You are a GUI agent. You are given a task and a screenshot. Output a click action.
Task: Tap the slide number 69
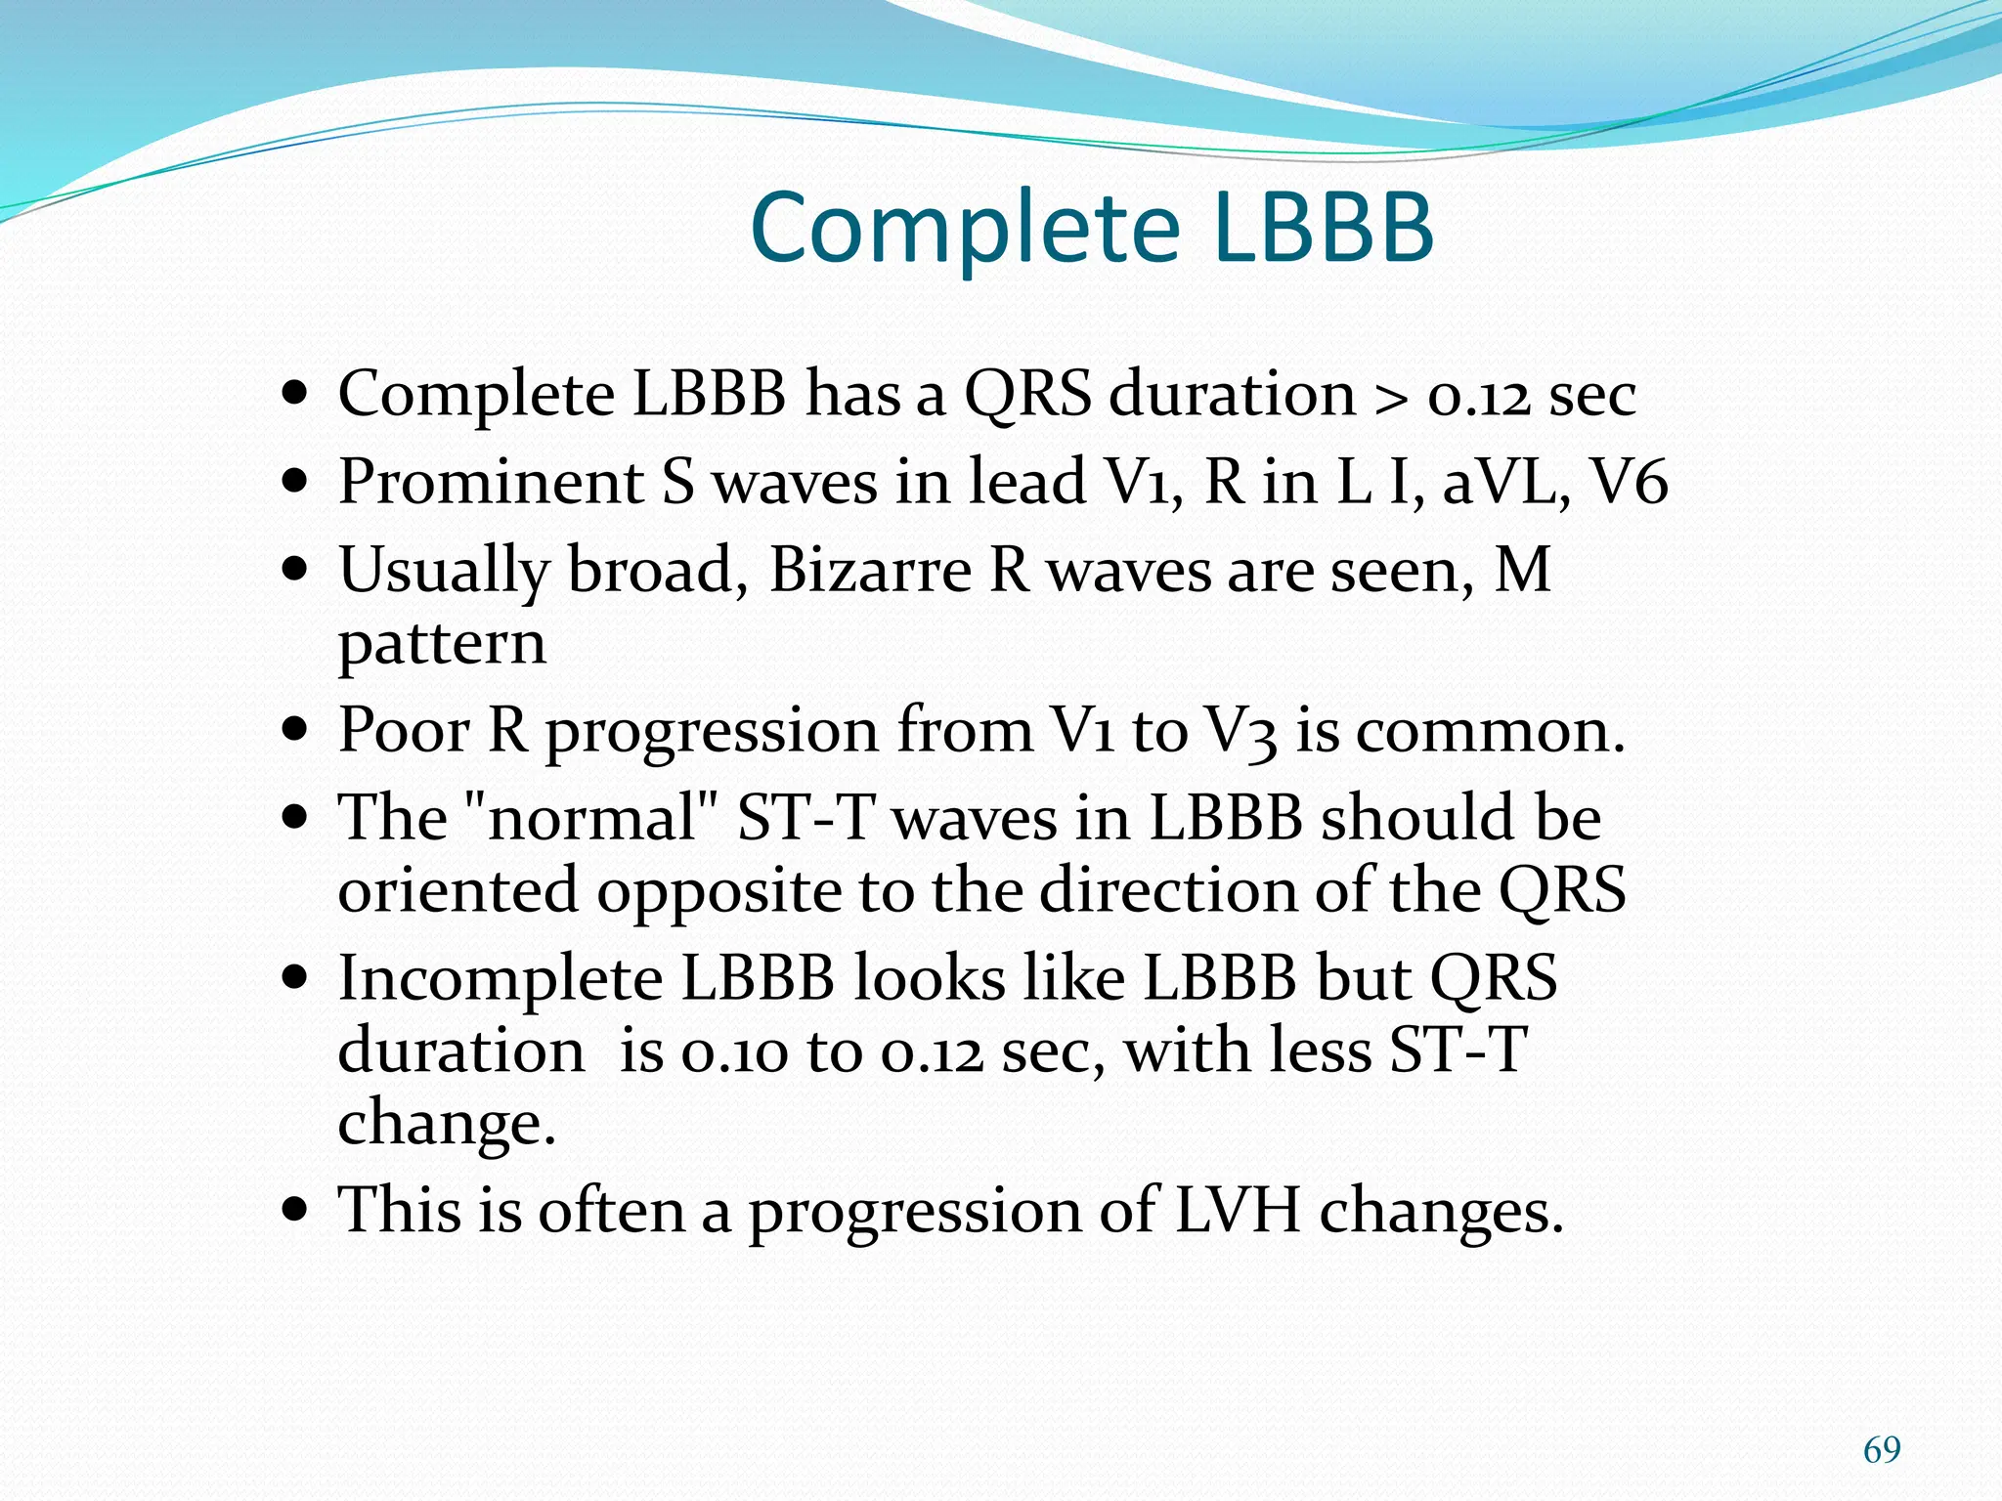point(1882,1449)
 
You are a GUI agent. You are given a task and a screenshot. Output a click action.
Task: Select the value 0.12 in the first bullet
point(1478,397)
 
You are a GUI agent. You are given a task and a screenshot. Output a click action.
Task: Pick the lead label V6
point(1629,483)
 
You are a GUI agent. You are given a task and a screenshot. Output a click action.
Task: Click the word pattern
point(442,645)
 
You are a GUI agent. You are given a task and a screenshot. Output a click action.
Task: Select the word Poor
point(404,730)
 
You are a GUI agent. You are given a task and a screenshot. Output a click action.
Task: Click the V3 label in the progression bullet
point(1240,732)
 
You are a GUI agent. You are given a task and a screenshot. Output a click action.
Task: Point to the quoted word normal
point(591,818)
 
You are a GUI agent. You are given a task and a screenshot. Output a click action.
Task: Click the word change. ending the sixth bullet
point(446,1124)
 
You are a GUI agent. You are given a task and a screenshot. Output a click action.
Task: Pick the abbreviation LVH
point(1238,1211)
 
